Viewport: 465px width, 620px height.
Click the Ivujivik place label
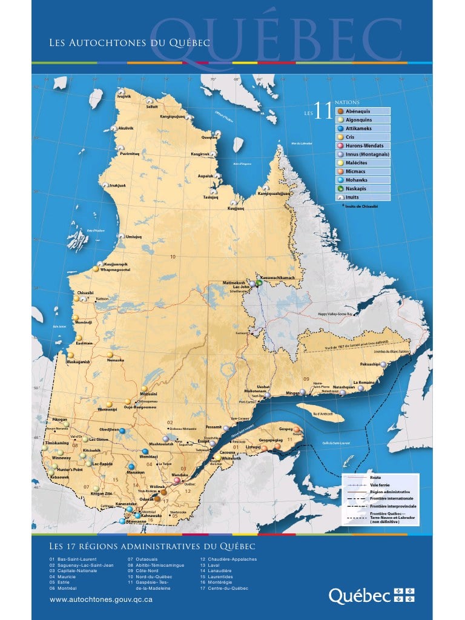point(124,96)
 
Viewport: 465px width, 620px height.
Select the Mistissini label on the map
point(148,394)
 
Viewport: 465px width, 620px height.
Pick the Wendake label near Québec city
point(180,475)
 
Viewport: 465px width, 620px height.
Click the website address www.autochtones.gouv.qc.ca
point(101,599)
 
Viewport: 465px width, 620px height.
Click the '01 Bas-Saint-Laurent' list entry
point(73,559)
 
